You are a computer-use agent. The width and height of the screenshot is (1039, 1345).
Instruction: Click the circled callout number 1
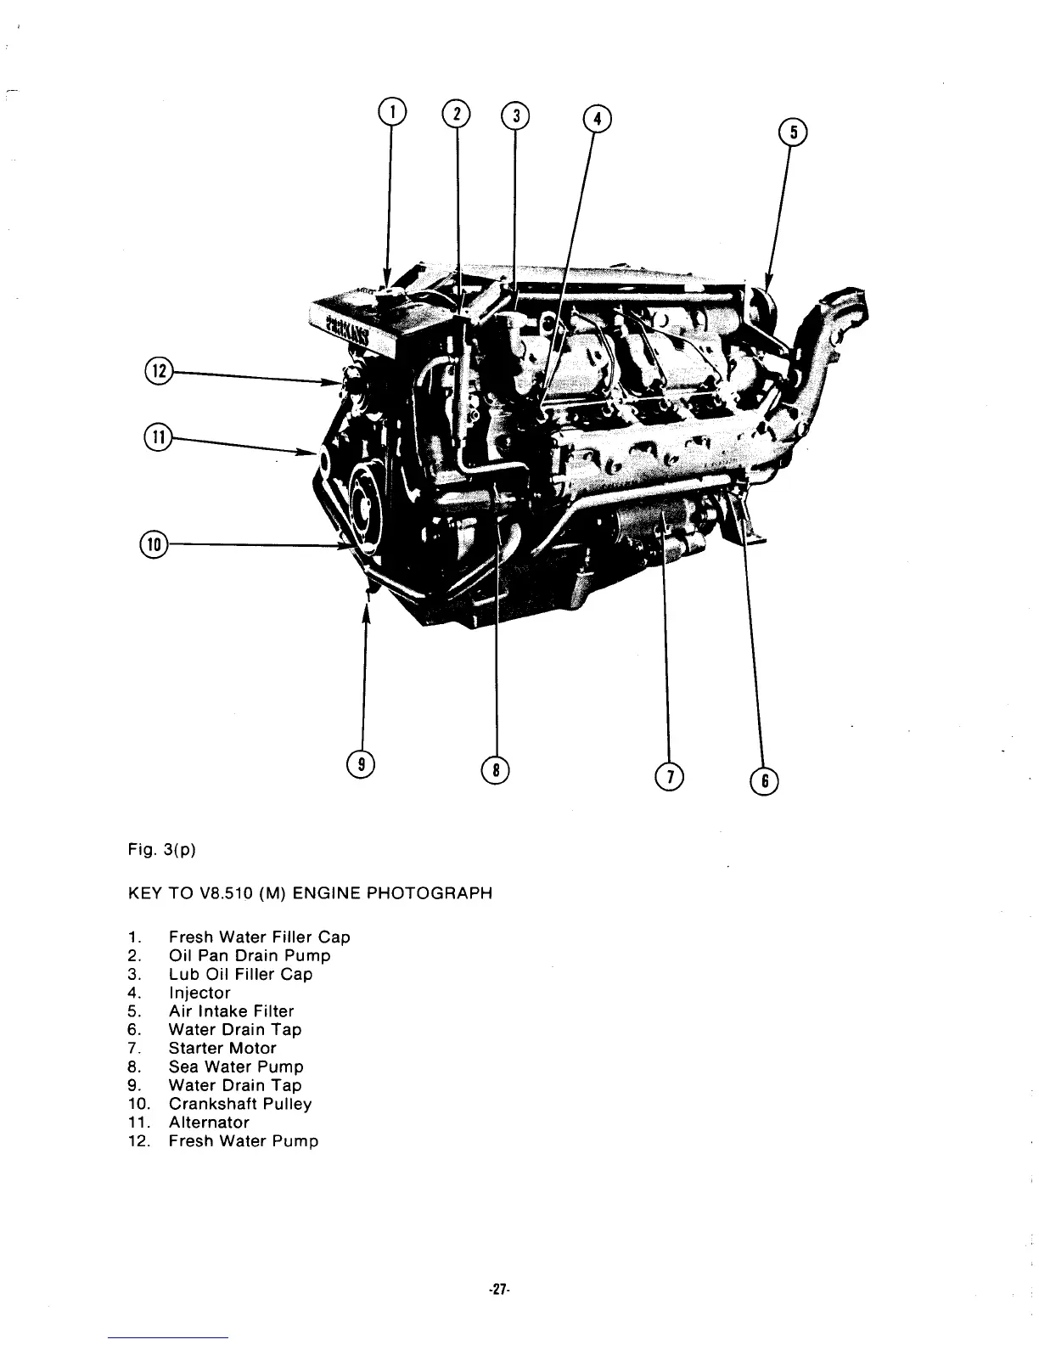click(391, 111)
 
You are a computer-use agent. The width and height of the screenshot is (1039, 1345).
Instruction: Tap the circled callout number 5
click(794, 132)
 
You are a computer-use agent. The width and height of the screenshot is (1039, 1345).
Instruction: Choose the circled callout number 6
click(764, 782)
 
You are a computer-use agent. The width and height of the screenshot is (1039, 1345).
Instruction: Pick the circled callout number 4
click(598, 120)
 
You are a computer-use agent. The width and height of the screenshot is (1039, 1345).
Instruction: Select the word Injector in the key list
click(199, 993)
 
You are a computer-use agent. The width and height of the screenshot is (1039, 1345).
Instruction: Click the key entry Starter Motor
click(222, 1048)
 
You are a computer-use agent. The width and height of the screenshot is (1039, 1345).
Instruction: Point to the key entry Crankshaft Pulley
click(240, 1104)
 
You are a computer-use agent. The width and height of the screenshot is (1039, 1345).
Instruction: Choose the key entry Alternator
click(209, 1123)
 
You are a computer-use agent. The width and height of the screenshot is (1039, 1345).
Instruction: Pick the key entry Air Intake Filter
click(231, 1011)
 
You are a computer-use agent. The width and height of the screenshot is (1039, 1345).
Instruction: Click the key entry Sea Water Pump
click(236, 1066)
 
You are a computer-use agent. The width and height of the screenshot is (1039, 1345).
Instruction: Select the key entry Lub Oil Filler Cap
click(240, 974)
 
